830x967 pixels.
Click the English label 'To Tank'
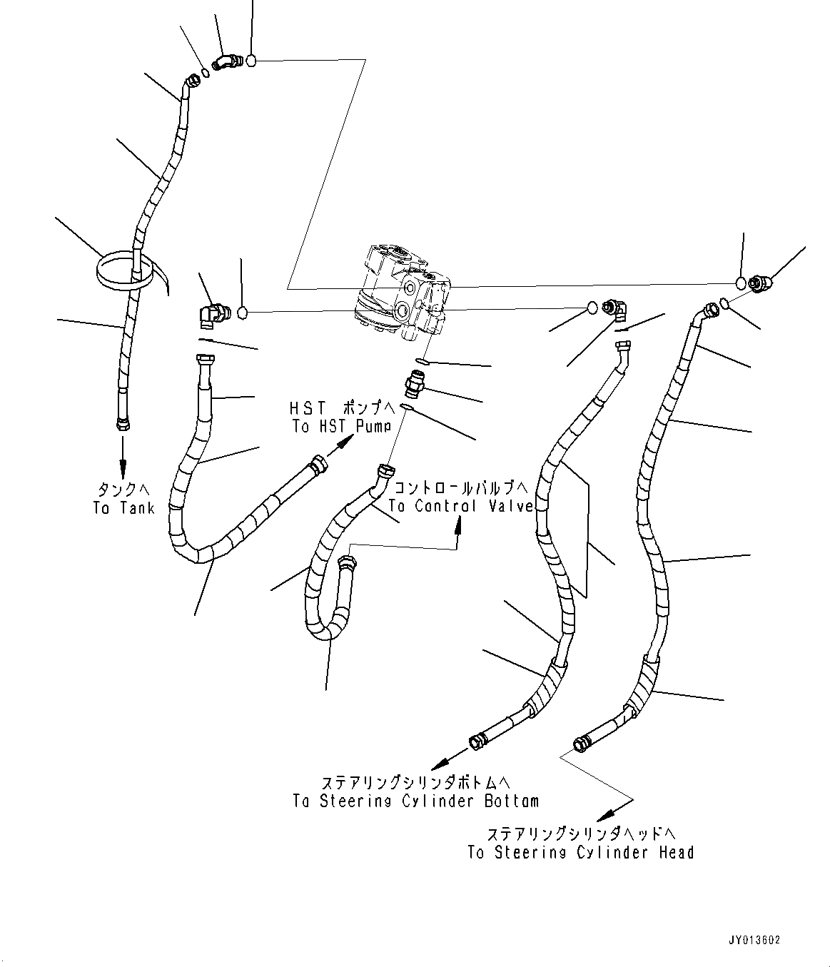coord(123,508)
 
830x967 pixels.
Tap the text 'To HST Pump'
coord(341,426)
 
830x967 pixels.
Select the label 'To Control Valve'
coord(461,506)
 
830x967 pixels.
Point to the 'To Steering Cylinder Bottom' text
coord(415,801)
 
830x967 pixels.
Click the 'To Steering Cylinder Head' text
coord(580,852)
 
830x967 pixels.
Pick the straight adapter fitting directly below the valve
coord(415,385)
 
